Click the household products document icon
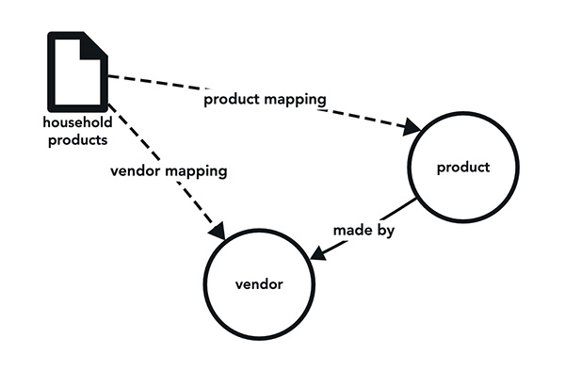79,72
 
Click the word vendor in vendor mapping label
132,173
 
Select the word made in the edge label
350,231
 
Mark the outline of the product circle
407,168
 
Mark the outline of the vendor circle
205,282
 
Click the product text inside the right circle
463,169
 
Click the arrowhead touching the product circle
412,125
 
